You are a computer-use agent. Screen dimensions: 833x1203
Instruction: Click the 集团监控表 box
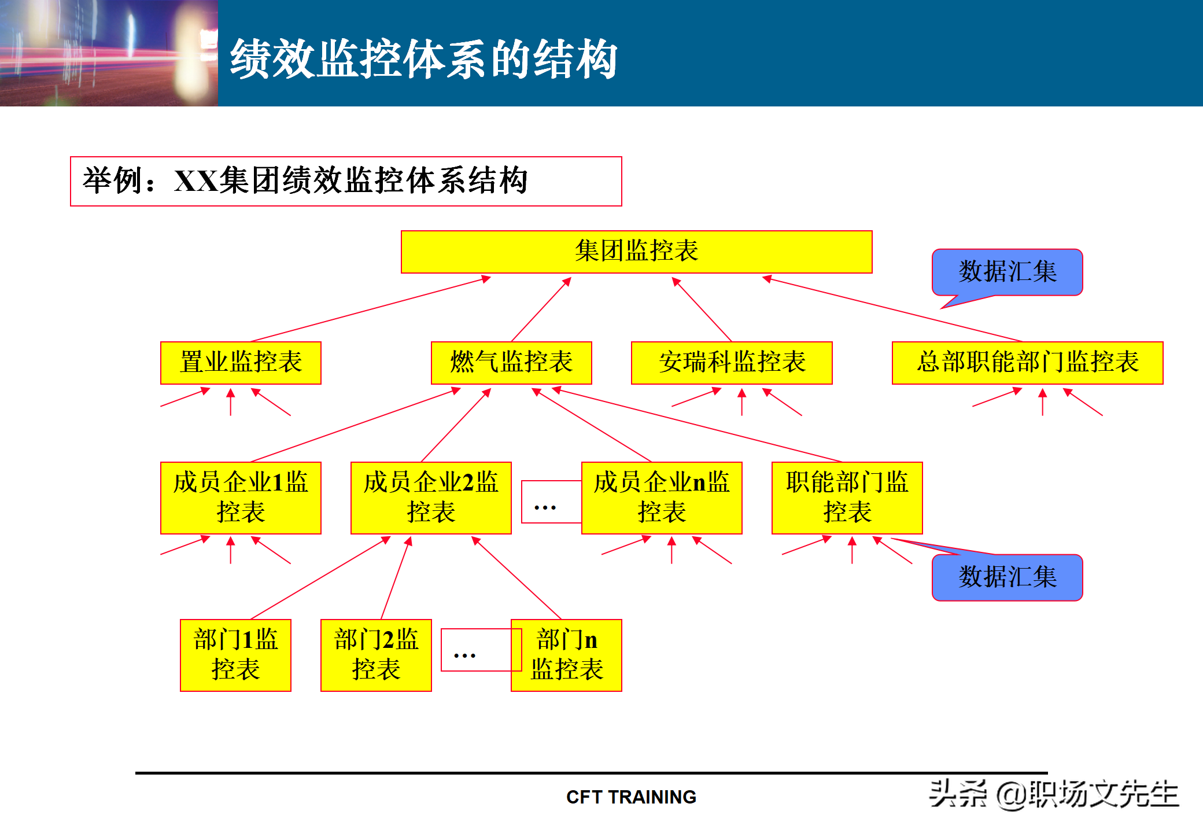[636, 252]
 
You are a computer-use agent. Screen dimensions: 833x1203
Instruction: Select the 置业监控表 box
[241, 363]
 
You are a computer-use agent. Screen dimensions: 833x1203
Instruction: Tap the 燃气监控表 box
[511, 363]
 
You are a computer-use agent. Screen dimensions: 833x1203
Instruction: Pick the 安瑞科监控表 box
[732, 363]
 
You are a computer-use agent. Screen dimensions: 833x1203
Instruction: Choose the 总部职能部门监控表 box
[1027, 363]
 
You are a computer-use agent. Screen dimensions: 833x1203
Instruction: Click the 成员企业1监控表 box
[241, 497]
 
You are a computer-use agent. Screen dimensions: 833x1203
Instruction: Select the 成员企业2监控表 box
[431, 497]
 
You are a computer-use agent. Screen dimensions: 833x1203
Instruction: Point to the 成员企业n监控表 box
[662, 497]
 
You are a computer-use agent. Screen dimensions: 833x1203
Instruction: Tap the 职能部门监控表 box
[847, 497]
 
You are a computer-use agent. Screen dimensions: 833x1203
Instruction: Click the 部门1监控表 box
[235, 655]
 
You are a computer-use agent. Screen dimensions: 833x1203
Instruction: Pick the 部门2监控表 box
[376, 655]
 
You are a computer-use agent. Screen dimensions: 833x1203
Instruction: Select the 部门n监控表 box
[567, 655]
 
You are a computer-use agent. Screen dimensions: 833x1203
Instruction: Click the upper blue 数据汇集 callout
[1007, 272]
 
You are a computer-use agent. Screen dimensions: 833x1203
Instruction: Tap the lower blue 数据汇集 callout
[1007, 577]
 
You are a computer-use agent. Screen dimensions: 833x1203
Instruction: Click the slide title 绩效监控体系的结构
[423, 59]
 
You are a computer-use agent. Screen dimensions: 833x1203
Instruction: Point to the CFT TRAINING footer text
[631, 797]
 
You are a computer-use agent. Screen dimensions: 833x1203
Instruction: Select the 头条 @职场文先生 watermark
[1053, 794]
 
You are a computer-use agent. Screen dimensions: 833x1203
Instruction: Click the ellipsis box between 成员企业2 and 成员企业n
[546, 502]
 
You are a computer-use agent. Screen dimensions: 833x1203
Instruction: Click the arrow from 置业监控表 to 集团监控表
[370, 310]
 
